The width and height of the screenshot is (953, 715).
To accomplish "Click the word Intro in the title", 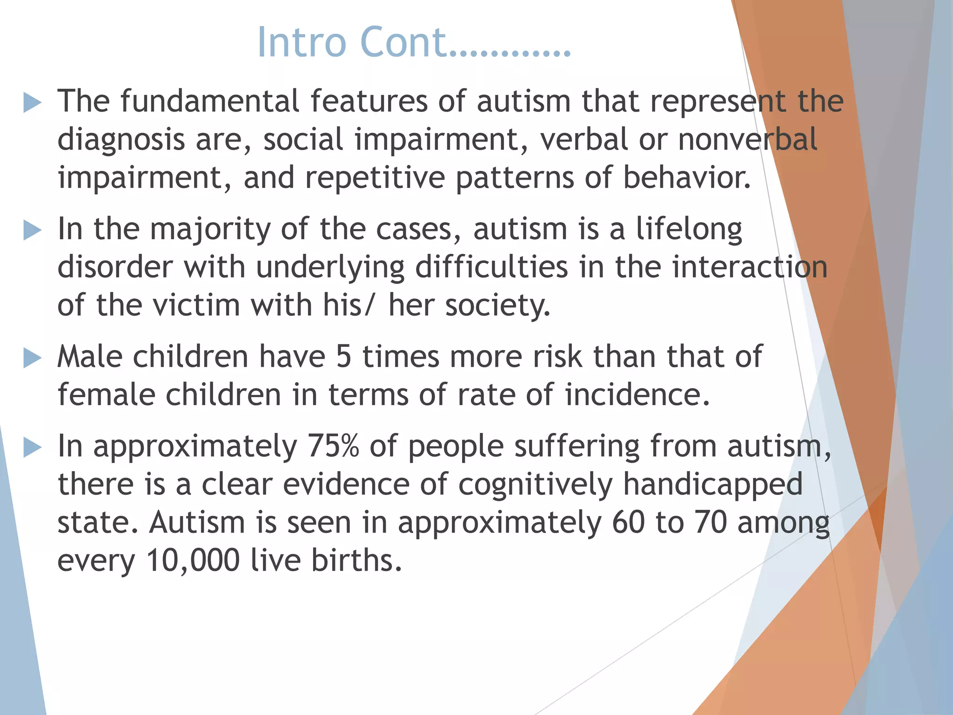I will [302, 42].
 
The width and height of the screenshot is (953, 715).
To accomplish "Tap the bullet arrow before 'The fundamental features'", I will [32, 102].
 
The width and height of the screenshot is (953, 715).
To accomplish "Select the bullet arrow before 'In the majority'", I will [32, 230].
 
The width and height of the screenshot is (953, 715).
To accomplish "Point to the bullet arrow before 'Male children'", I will [32, 358].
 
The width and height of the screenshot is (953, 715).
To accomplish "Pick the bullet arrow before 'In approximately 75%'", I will [32, 447].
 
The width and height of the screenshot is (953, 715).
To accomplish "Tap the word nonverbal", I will [747, 139].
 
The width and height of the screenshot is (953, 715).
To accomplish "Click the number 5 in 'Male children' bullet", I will [343, 357].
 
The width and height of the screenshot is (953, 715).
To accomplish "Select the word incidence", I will [637, 395].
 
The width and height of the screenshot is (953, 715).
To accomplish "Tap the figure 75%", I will [333, 446].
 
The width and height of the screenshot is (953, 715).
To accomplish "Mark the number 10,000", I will [193, 560].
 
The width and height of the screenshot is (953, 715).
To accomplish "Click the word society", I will [497, 306].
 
